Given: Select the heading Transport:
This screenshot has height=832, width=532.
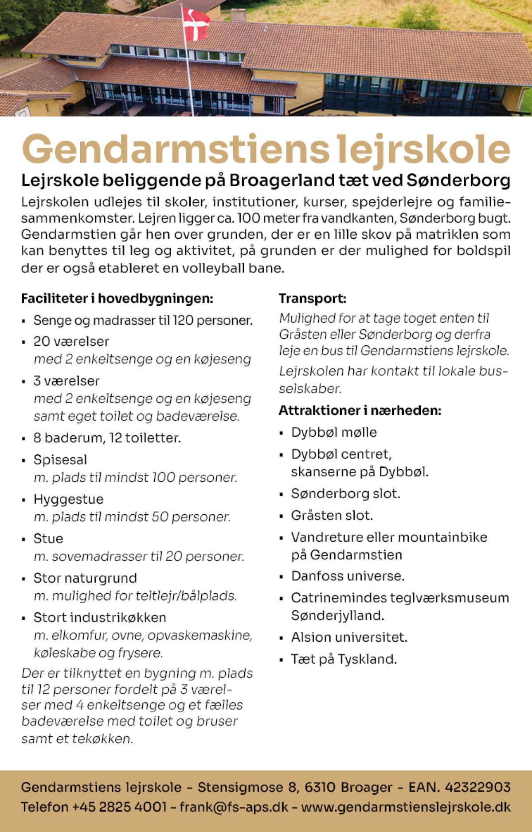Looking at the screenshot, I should (312, 299).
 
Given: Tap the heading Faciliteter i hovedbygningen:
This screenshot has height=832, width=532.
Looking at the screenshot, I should (117, 299).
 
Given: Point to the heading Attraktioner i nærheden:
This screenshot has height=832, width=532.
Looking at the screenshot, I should (360, 411).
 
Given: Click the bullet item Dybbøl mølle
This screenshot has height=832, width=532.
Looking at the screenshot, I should (334, 433).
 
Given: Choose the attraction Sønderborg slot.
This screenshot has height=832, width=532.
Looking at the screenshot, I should (345, 494).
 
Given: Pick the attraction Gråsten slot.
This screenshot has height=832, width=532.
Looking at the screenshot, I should (332, 516).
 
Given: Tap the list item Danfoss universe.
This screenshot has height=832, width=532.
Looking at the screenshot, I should (348, 576).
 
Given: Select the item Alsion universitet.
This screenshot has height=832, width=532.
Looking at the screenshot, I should (349, 638).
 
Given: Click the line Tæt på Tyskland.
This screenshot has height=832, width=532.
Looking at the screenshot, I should (344, 659).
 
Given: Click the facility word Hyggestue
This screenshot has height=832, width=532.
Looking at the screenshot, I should (68, 499).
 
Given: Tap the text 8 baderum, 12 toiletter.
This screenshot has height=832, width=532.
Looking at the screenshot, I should (107, 438).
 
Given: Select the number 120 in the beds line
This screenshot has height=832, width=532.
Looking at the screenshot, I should (183, 320).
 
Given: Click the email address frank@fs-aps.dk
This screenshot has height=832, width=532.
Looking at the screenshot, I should (234, 807).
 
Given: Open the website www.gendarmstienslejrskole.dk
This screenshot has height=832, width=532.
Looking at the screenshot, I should (406, 807).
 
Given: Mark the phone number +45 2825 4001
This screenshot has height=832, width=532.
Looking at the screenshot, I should (119, 807).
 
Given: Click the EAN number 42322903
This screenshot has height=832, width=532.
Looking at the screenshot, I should (477, 788).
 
